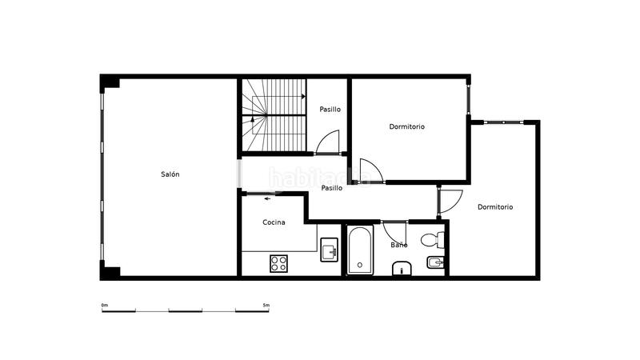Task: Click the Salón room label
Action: tap(170, 174)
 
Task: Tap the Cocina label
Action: tap(274, 222)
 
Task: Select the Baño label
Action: tap(398, 245)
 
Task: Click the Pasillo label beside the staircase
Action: tap(330, 109)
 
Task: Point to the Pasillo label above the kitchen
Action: tap(332, 188)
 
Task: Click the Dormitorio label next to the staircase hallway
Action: tap(406, 126)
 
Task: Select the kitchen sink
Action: tap(329, 251)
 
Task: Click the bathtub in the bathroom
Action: tap(360, 250)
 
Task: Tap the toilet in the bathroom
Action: tap(432, 238)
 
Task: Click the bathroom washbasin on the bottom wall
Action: tap(402, 269)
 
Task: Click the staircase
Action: tap(274, 115)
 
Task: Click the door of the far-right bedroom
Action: tap(450, 199)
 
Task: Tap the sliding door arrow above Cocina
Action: tap(266, 198)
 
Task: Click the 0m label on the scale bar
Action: tap(104, 305)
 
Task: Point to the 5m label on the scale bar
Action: tap(266, 305)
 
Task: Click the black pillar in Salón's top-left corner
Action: tap(110, 82)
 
